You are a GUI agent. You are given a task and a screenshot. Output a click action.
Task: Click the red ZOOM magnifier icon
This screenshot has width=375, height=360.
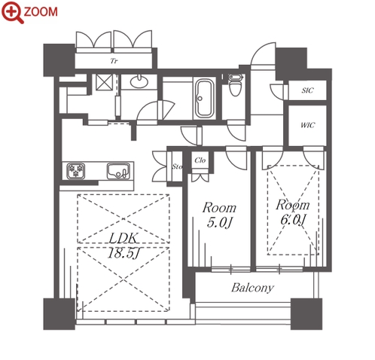[13, 12]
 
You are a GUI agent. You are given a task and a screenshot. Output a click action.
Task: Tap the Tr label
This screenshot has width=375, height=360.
[114, 61]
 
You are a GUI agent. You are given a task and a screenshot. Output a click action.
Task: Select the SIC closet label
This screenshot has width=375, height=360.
[307, 90]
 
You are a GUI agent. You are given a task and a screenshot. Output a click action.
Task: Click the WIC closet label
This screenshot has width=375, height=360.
[307, 125]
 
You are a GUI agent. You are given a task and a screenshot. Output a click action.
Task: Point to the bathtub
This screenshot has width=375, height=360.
[204, 99]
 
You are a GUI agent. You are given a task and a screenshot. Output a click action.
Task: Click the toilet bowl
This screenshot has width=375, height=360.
[235, 85]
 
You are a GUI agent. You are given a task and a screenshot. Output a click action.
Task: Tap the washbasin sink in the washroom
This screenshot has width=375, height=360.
[139, 81]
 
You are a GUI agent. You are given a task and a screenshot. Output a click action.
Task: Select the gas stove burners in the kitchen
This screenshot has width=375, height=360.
[76, 171]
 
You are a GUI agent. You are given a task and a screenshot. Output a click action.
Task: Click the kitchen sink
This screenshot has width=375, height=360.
[118, 171]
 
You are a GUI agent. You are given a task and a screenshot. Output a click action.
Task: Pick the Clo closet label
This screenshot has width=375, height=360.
[200, 160]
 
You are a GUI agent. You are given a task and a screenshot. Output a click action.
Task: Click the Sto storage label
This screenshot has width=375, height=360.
[177, 166]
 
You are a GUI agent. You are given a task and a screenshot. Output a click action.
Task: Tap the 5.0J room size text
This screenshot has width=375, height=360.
[219, 222]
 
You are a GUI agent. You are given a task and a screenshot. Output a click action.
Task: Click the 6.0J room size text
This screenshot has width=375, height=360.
[293, 220]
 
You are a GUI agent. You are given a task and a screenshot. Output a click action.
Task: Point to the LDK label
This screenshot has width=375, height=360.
[123, 238]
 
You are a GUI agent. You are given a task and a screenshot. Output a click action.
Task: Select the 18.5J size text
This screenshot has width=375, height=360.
[123, 253]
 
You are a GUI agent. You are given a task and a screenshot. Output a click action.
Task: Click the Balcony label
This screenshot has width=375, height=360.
[252, 288]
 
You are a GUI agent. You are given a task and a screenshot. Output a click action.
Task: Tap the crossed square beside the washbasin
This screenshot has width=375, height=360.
[104, 82]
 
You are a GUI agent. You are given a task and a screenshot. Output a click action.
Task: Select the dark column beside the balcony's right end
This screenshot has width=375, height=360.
[306, 314]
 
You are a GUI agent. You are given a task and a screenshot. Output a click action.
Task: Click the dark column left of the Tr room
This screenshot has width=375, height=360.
[59, 60]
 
